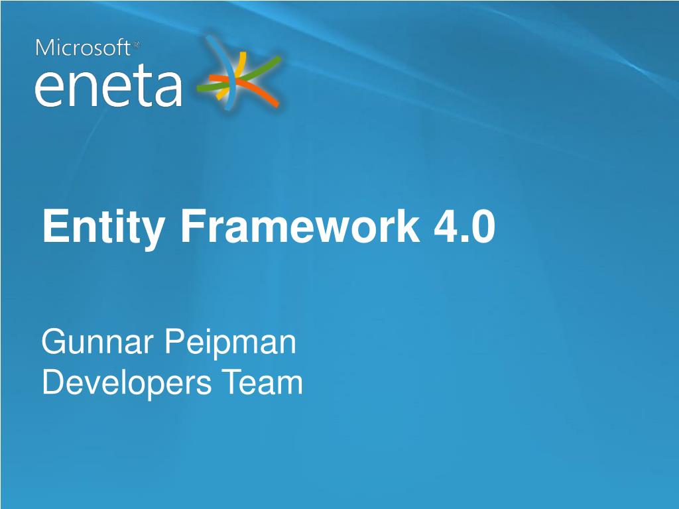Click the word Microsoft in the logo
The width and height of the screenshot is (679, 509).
pos(83,48)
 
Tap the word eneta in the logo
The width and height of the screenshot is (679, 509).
pos(108,87)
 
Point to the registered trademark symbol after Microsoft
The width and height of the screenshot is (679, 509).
pos(136,44)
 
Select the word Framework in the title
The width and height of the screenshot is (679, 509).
pos(300,225)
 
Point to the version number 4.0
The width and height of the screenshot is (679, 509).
pos(464,226)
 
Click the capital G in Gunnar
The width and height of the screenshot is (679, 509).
pos(53,341)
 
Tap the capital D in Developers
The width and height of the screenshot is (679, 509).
pos(54,382)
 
